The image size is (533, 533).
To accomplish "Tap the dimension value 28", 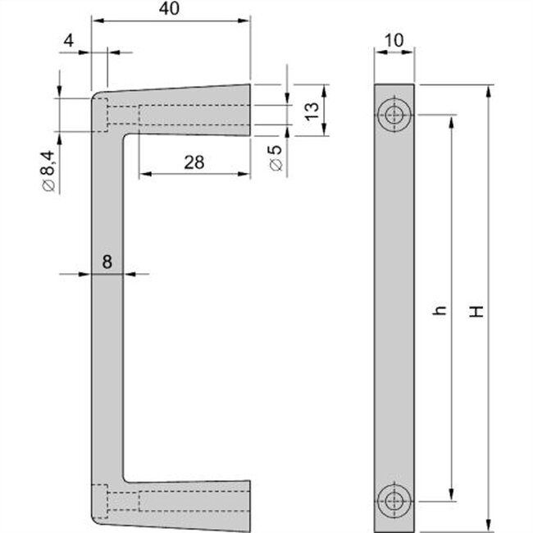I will (194, 162).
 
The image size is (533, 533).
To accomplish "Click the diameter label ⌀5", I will (276, 157).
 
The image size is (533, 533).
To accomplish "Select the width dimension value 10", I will (394, 39).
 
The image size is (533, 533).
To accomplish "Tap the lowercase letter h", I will (440, 310).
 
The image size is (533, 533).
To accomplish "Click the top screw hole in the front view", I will (395, 115).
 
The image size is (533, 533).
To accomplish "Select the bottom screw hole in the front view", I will (395, 499).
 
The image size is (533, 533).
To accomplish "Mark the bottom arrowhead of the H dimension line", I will (490, 525).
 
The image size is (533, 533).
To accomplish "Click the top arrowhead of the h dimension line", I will (451, 119).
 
